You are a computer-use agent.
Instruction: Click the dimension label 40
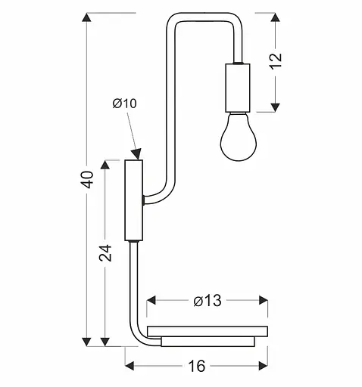coord(88,179)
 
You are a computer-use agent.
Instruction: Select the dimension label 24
coord(107,253)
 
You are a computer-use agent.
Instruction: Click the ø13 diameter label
coord(206,301)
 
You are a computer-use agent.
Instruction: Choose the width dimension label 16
coord(196,367)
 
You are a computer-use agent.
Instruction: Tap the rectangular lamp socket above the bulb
coord(237,87)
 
